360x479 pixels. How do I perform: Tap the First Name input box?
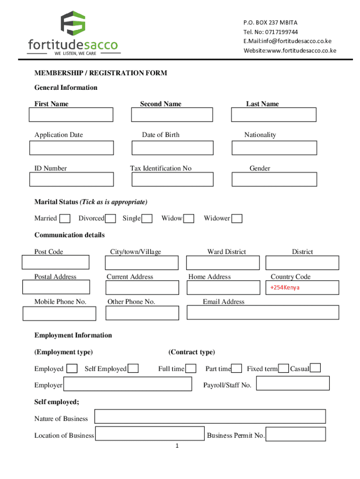click(71, 115)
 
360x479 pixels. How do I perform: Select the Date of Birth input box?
click(172, 148)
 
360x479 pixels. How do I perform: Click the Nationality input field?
click(274, 148)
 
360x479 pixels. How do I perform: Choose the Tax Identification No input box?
click(172, 179)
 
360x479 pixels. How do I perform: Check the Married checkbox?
click(65, 218)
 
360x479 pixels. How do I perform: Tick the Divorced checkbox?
click(111, 218)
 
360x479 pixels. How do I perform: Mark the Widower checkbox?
click(237, 218)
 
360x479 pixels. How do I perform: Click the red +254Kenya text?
click(285, 287)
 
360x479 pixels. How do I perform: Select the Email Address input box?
click(263, 312)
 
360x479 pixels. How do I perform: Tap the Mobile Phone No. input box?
click(59, 313)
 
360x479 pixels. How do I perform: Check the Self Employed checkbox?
click(133, 369)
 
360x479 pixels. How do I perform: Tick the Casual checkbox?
click(316, 368)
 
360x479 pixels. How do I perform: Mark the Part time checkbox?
click(237, 369)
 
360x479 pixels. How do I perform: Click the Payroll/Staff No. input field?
click(293, 383)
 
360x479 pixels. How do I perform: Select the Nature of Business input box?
click(210, 416)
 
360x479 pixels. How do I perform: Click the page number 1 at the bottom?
click(177, 446)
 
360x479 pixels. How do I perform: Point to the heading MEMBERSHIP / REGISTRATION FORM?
click(101, 73)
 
